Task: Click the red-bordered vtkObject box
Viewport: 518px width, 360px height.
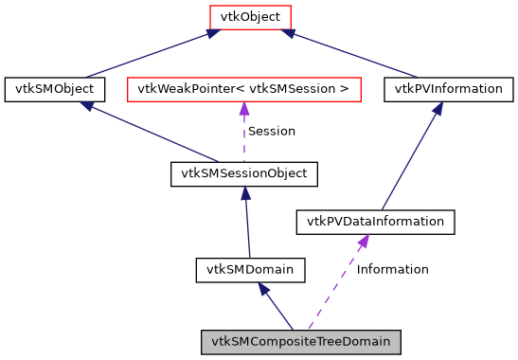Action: coord(250,17)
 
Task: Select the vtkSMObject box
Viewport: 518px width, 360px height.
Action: coord(53,90)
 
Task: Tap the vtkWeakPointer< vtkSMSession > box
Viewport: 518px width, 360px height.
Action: coord(244,90)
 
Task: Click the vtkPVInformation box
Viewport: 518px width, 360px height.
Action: coord(449,90)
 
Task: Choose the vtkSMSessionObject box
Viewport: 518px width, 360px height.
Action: coord(244,174)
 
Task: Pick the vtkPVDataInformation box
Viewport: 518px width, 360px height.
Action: coord(376,222)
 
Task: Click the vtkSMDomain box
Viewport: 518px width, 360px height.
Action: coord(250,270)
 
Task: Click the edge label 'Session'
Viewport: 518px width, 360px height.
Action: coord(271,132)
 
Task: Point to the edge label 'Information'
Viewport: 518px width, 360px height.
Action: coord(392,270)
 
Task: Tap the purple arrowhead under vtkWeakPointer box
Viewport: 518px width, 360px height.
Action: coord(244,109)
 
